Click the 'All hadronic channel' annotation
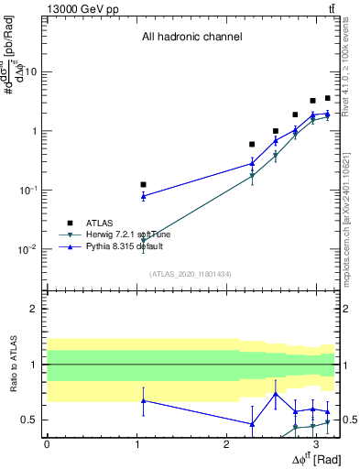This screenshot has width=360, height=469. click(191, 38)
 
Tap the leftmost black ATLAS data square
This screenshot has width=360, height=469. click(143, 184)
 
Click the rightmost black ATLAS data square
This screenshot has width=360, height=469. click(327, 98)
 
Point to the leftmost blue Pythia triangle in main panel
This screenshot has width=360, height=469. click(143, 196)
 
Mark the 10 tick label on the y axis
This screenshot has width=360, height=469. click(31, 71)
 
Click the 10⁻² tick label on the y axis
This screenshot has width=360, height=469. click(28, 249)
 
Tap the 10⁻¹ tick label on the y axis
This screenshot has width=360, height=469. click(28, 190)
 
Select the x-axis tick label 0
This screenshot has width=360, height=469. click(47, 442)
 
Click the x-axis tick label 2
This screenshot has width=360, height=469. click(226, 442)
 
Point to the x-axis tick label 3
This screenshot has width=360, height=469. click(316, 442)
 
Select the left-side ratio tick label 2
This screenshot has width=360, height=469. click(34, 309)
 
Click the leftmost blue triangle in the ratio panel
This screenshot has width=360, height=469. click(143, 400)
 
